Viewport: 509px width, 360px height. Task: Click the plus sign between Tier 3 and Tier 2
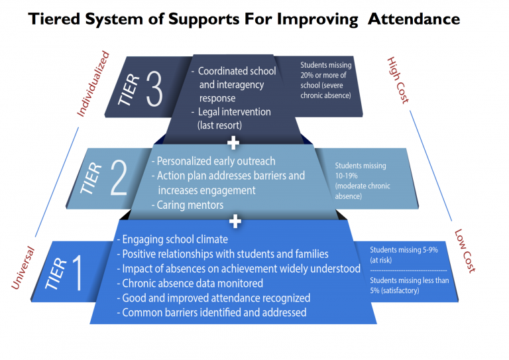233,143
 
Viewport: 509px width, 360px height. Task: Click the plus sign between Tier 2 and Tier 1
234,221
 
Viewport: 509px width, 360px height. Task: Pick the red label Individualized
92,84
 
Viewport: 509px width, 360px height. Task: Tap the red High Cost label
398,80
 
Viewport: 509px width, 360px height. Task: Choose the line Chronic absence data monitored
192,283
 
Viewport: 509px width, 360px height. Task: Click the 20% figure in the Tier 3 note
308,74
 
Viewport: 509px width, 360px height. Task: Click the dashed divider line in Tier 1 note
408,270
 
